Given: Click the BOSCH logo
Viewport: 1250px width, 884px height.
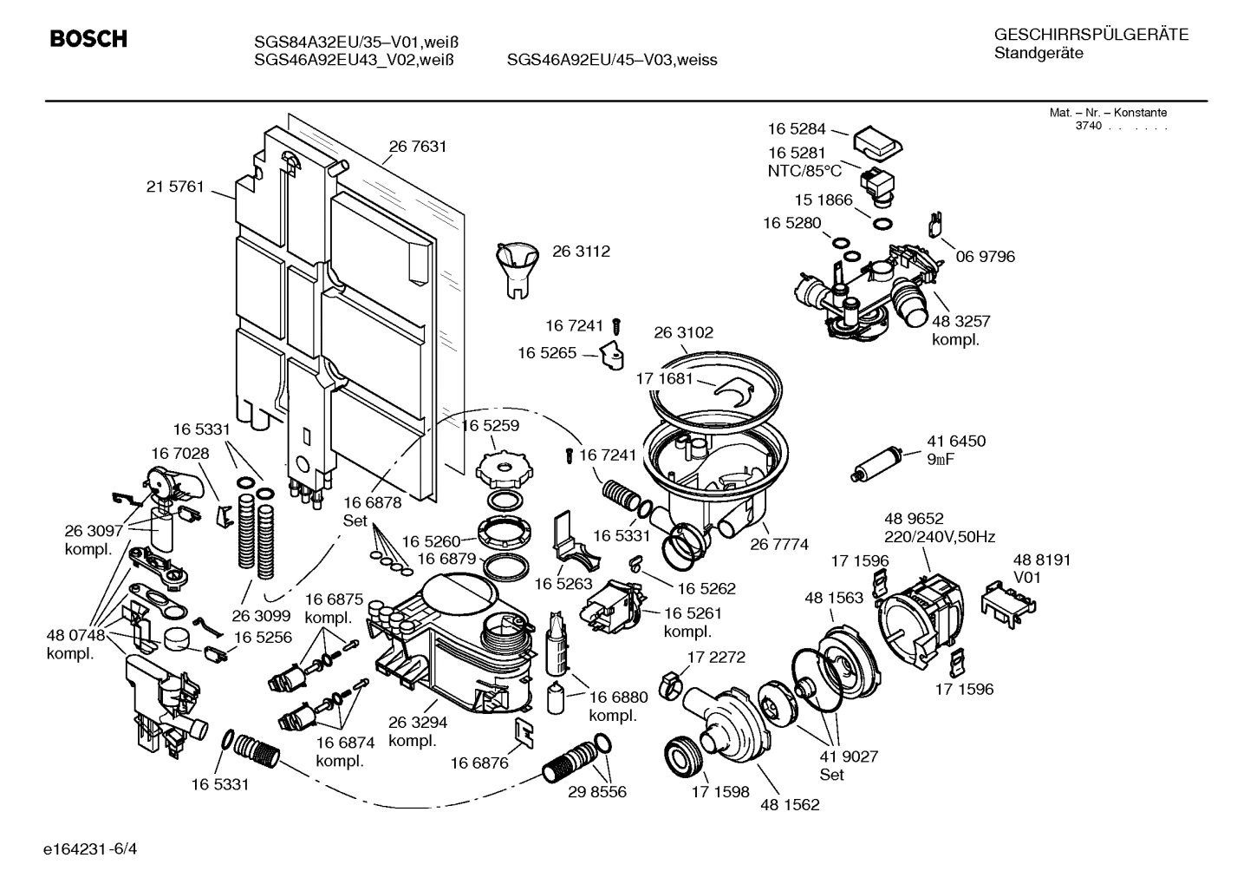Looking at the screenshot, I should (x=88, y=39).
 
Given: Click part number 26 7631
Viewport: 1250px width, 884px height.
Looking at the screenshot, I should (x=418, y=147).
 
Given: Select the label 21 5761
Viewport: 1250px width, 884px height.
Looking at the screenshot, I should (x=175, y=187).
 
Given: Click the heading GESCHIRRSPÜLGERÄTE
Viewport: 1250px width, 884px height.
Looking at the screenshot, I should (x=1090, y=35).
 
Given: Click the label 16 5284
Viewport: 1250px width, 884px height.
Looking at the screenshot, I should (x=797, y=129).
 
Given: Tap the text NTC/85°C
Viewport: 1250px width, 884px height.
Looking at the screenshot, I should (x=804, y=171).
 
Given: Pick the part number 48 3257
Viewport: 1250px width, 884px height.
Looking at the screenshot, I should (x=960, y=321).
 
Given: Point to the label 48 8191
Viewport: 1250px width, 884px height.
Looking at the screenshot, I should (x=1042, y=560).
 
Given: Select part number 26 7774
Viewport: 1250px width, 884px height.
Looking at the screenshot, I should (x=779, y=544).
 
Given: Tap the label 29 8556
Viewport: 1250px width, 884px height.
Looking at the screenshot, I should (x=596, y=792).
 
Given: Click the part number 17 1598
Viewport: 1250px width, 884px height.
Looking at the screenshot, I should (x=719, y=792).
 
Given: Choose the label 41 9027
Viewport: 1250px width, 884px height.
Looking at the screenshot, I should (x=849, y=756).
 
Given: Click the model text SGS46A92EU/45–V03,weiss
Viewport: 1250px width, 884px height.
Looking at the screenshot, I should (x=612, y=60).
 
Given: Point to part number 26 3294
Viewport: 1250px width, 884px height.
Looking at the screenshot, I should (x=418, y=723).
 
